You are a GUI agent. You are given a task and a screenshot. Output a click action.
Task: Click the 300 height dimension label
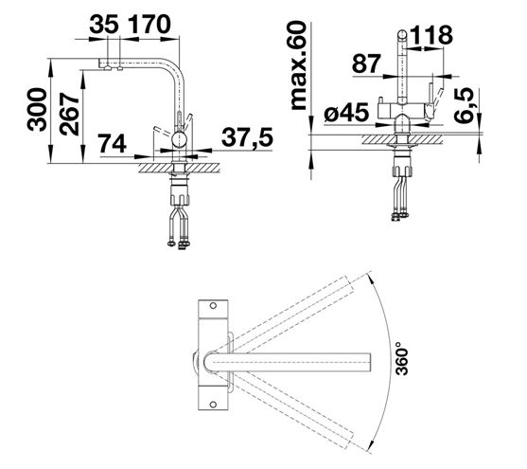(37, 109)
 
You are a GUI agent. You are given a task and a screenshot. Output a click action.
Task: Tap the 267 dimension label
(69, 114)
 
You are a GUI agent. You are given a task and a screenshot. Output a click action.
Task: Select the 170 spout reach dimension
(149, 25)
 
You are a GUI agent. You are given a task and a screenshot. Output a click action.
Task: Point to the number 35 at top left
(104, 25)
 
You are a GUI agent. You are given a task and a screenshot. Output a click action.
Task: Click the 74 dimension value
(112, 144)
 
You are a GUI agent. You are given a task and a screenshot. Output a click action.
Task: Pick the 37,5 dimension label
(247, 137)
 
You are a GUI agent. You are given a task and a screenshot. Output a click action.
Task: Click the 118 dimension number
(431, 35)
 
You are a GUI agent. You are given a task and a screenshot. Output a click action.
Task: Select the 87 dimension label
(366, 63)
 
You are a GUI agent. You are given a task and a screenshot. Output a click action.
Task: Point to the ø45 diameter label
(346, 113)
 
